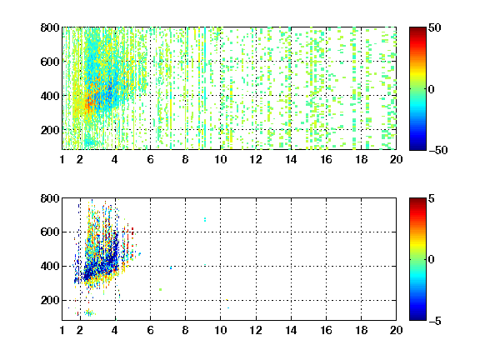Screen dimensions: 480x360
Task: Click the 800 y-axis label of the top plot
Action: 50,27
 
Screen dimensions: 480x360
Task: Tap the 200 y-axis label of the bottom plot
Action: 50,300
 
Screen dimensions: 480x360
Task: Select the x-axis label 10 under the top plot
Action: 220,159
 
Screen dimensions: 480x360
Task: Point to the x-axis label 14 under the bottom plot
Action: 291,330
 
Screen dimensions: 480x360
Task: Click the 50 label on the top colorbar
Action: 434,27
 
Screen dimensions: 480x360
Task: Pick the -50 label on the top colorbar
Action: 438,150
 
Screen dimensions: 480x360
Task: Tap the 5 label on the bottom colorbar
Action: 432,198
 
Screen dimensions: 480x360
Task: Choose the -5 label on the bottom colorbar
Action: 435,321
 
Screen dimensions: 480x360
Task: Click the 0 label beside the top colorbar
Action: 432,89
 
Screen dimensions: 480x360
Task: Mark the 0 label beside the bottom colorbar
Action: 432,260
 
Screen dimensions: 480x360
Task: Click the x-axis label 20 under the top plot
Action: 396,159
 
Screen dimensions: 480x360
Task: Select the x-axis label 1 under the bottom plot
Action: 62,330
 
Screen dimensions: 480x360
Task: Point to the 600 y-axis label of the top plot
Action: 50,62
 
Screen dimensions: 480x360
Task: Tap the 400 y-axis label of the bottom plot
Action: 50,266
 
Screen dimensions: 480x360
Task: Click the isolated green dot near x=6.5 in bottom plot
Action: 160,289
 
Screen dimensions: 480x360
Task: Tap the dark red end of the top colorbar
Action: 417,29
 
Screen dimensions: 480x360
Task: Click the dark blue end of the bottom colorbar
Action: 417,318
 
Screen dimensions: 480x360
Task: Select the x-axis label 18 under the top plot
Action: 361,159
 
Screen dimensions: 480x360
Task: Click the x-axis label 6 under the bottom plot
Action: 150,330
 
